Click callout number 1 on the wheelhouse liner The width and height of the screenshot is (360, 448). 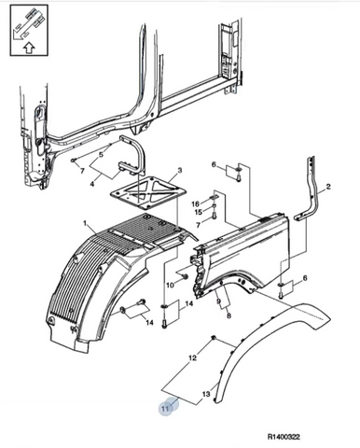85,223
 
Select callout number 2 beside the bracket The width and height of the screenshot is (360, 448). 328,187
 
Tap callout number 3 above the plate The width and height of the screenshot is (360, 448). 180,171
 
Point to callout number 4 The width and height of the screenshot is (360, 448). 92,184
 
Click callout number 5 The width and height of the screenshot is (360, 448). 101,154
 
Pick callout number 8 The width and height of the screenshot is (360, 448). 228,316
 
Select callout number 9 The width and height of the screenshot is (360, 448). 218,301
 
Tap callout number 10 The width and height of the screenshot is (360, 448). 171,285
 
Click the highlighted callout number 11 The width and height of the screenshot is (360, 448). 165,408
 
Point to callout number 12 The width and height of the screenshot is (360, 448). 193,357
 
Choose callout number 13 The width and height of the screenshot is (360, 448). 206,395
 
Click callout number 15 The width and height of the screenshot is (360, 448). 199,212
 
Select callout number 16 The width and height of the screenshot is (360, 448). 195,204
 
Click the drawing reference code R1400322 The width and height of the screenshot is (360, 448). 284,437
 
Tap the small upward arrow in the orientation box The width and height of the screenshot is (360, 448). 29,49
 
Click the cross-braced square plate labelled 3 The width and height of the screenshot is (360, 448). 148,193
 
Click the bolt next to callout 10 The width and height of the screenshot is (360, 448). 186,276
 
